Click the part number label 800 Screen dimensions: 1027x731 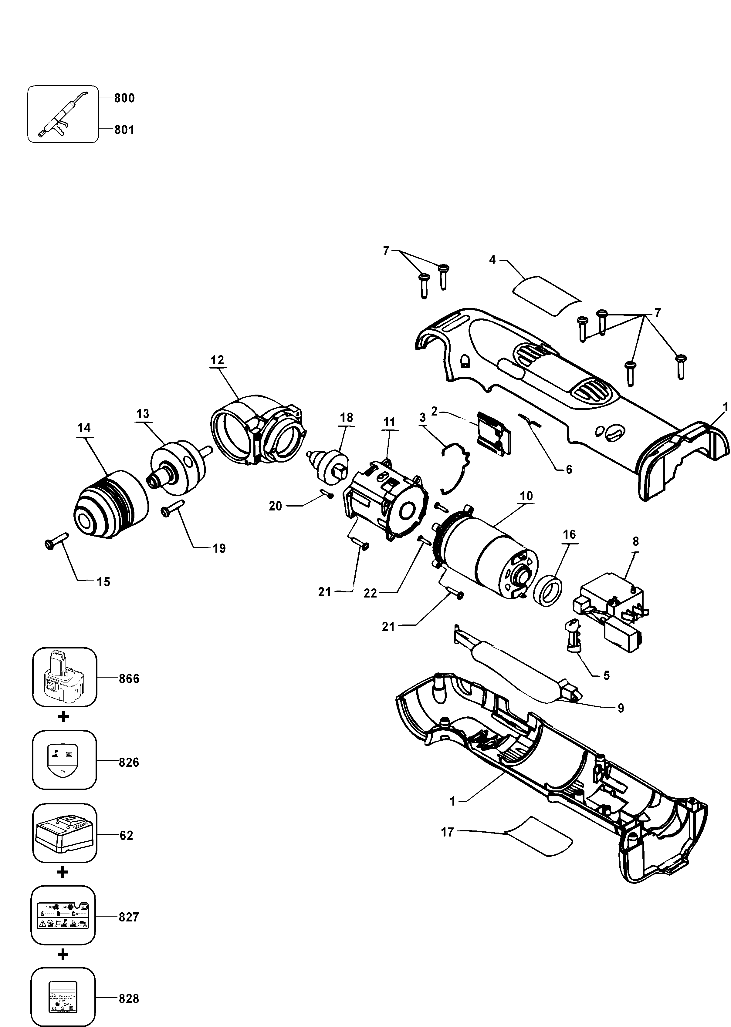pos(124,98)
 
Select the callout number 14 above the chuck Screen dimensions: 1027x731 pos(84,427)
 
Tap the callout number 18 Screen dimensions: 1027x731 pos(346,417)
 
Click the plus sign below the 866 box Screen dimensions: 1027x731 pos(63,717)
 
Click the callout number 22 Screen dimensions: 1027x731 pos(370,593)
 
